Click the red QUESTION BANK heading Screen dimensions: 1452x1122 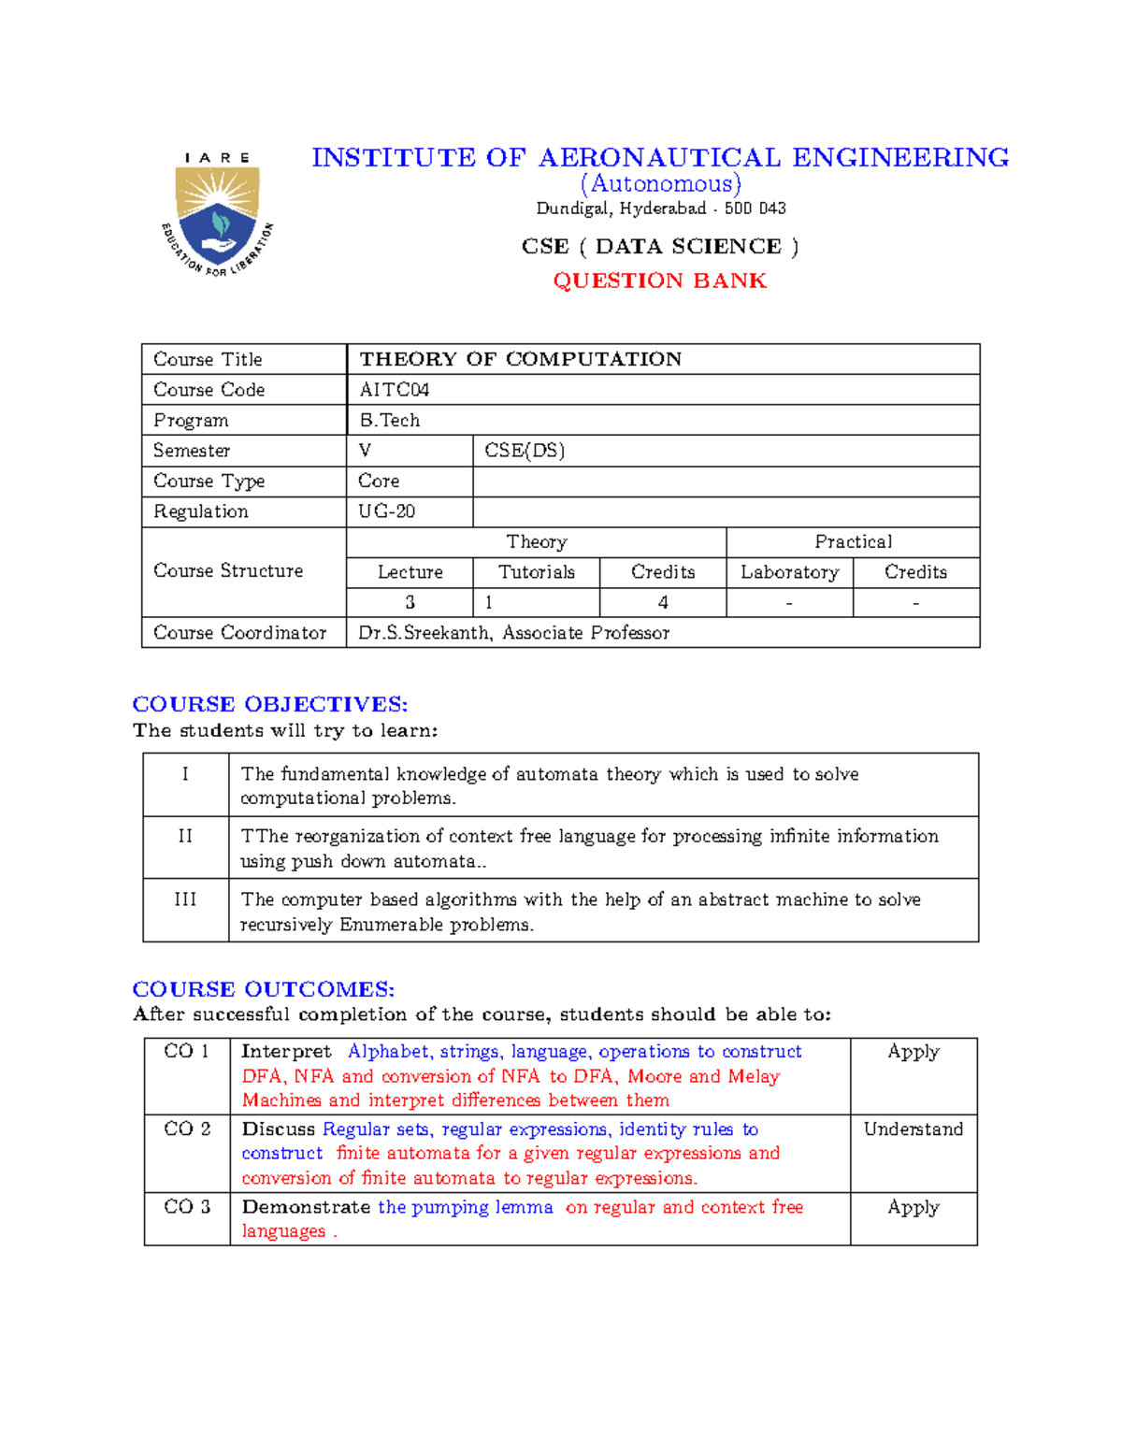[659, 280]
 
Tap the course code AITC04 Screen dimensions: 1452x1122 [394, 390]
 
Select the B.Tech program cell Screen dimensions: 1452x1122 [389, 421]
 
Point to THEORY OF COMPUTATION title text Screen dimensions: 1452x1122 [520, 359]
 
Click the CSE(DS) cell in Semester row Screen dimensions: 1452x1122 [525, 451]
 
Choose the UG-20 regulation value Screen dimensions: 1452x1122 [387, 511]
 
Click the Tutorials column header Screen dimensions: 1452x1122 [536, 572]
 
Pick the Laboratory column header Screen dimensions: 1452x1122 [789, 572]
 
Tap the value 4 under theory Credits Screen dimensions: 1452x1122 [663, 603]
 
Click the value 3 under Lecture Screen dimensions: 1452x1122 [410, 603]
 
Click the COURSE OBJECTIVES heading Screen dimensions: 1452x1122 [270, 704]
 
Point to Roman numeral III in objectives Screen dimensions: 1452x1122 [185, 899]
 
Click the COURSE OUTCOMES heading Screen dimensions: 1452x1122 [264, 989]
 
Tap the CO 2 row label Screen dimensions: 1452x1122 [187, 1129]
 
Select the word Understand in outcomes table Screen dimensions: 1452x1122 [913, 1129]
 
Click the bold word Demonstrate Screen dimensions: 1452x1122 [306, 1207]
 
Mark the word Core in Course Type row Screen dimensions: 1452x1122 [379, 481]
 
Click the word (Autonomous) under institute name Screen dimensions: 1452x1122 [660, 183]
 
